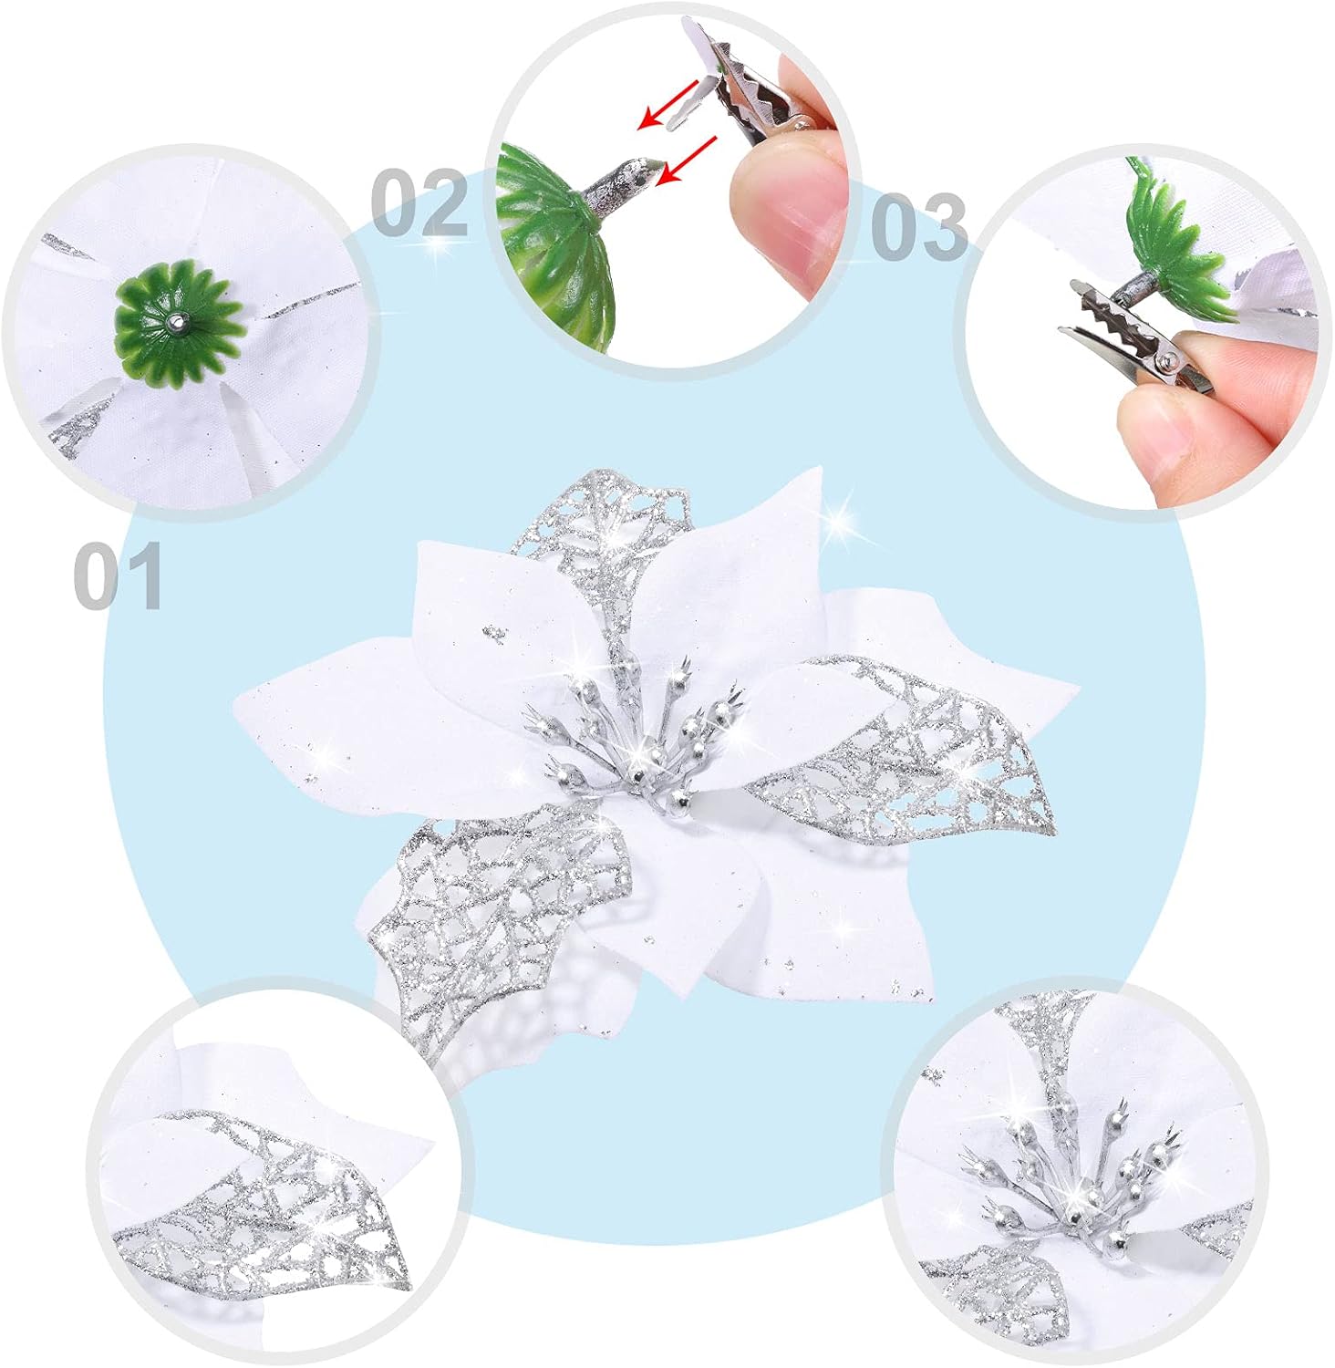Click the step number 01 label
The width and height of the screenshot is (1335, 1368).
(x=119, y=575)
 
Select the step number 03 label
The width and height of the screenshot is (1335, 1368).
(x=918, y=225)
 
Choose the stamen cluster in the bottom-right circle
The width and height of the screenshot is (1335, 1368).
(x=1076, y=1176)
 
